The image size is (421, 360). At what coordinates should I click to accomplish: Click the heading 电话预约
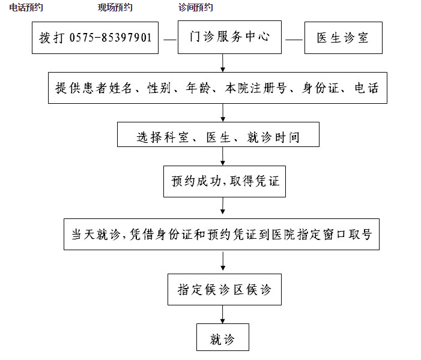coord(26,8)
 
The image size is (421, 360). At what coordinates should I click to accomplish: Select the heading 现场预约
coord(115,8)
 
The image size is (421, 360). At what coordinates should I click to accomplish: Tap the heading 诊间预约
coord(195,8)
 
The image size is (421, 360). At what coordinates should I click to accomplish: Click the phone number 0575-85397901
coord(111,38)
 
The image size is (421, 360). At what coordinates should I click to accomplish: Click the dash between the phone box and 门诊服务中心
coord(170,40)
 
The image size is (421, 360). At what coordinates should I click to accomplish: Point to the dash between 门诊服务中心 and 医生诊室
coord(294,40)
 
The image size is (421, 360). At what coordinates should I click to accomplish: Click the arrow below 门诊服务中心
coord(223,63)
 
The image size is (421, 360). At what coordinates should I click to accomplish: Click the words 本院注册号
coord(256,88)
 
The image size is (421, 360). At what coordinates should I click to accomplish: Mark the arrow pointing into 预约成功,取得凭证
coord(223,156)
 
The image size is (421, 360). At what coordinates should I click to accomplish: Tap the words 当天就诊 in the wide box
coord(95,234)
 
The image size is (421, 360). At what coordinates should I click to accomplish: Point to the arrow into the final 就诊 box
coord(223,314)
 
